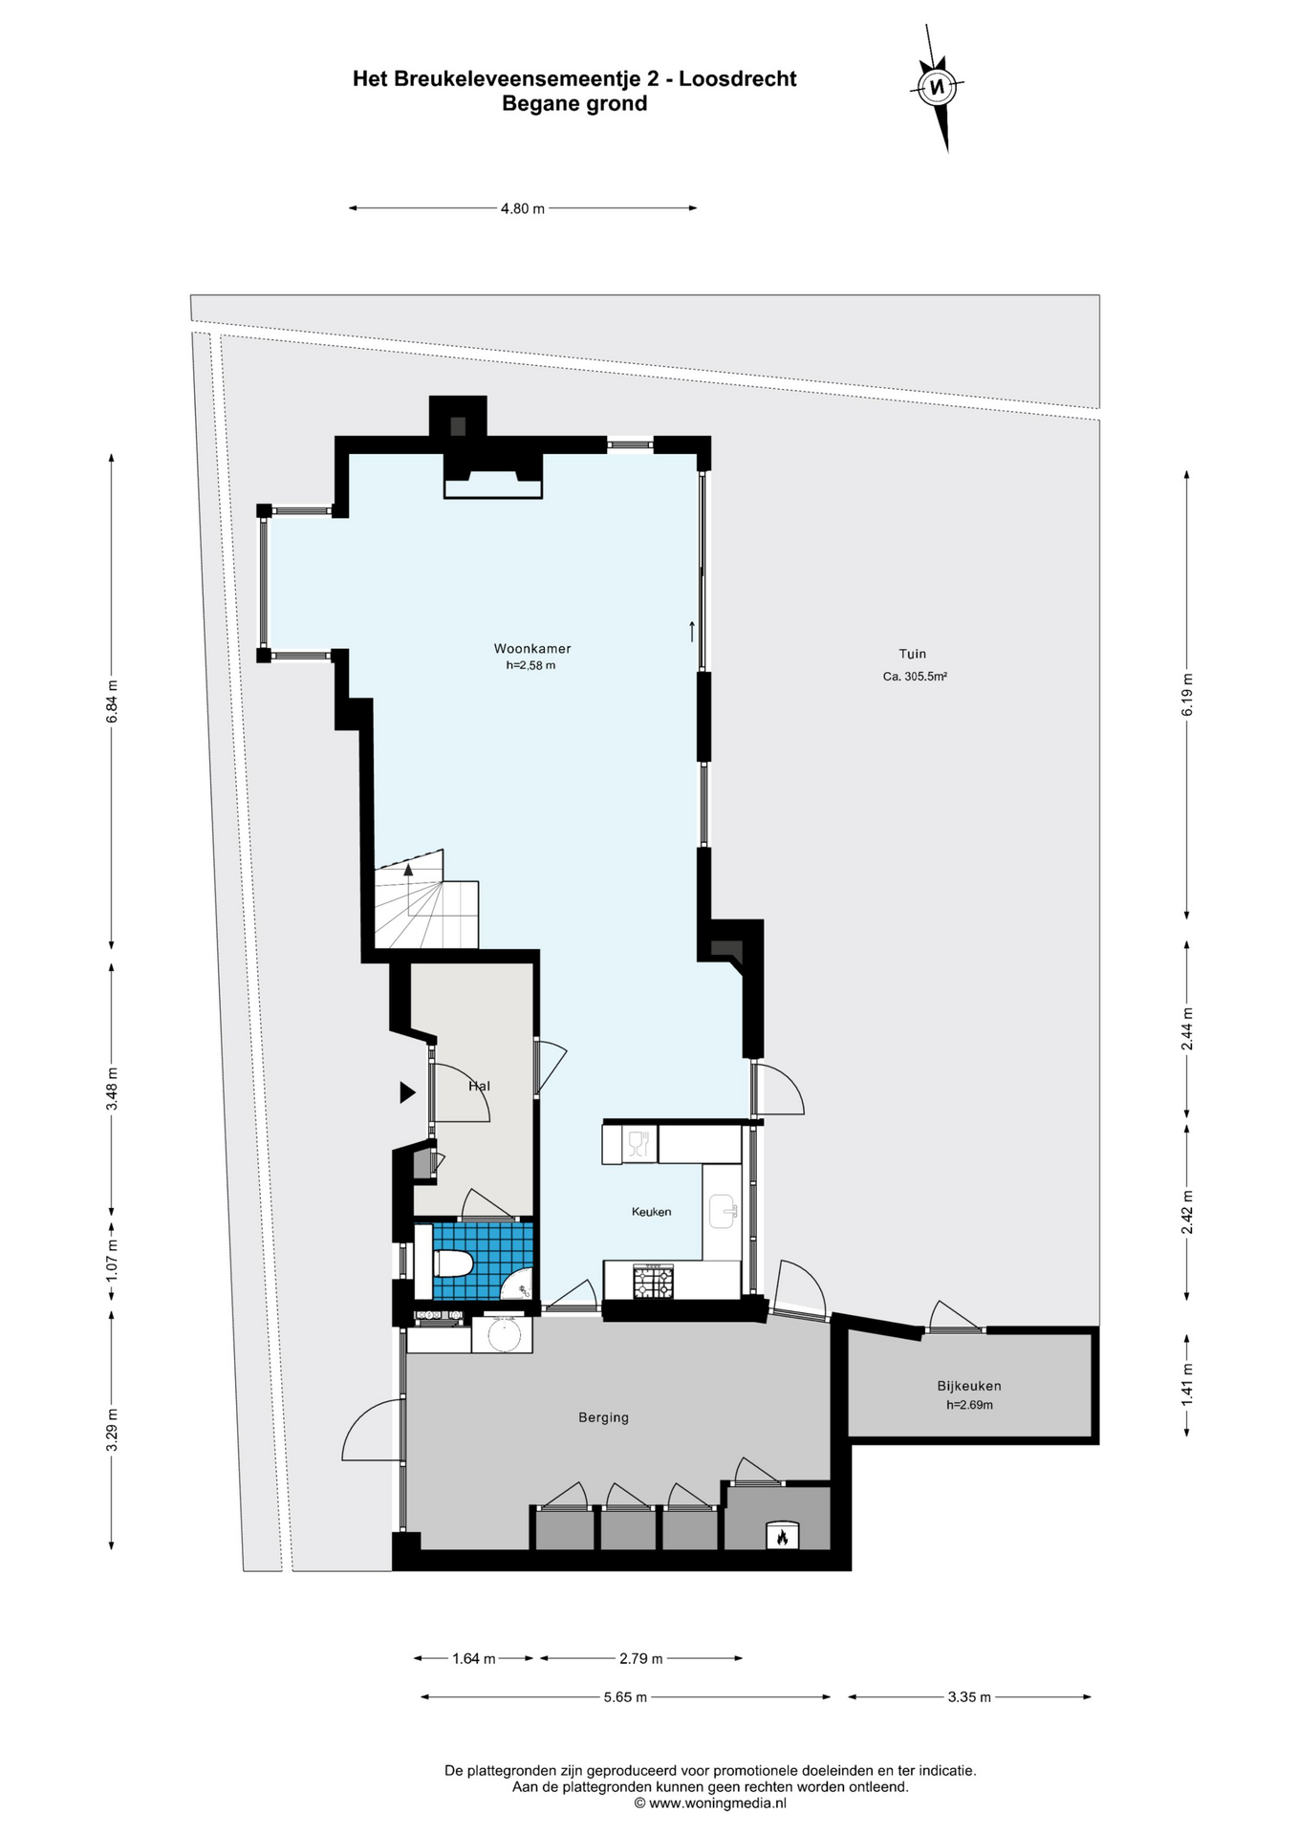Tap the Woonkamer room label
coord(532,649)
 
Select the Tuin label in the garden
coord(913,654)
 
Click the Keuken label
coord(651,1212)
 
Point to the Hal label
coord(479,1086)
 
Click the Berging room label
coord(603,1417)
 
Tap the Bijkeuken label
coord(969,1386)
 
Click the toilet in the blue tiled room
coord(453,1263)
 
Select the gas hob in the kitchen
coord(654,1282)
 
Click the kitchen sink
coord(723,1211)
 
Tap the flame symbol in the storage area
coord(781,1538)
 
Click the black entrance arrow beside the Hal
coord(407,1091)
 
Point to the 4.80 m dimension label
coord(523,208)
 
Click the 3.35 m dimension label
coord(969,1697)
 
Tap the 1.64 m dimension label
coord(473,1658)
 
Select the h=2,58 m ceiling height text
coord(530,665)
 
